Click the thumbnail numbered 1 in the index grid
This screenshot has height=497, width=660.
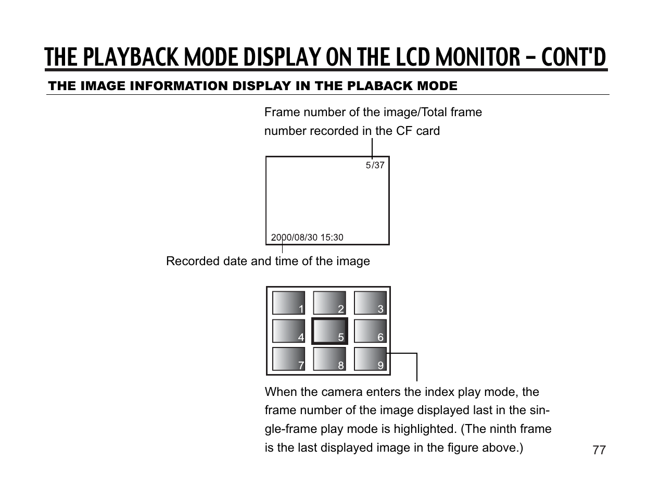(x=288, y=303)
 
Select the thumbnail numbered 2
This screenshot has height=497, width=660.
(x=329, y=303)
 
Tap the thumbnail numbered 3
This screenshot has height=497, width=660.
(x=370, y=303)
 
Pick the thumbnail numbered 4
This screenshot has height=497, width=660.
(x=288, y=331)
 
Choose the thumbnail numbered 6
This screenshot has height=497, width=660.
(x=370, y=331)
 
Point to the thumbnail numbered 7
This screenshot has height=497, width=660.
(x=288, y=359)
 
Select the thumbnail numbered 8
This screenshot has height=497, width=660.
(x=329, y=359)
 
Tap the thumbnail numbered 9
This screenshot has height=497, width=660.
(x=370, y=359)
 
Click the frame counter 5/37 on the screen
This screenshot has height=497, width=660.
(x=375, y=165)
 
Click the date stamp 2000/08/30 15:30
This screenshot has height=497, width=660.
(x=307, y=238)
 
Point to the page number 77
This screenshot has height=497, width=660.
(x=599, y=450)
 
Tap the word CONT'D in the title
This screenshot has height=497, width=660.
(x=573, y=57)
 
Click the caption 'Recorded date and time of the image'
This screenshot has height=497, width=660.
(x=268, y=261)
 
